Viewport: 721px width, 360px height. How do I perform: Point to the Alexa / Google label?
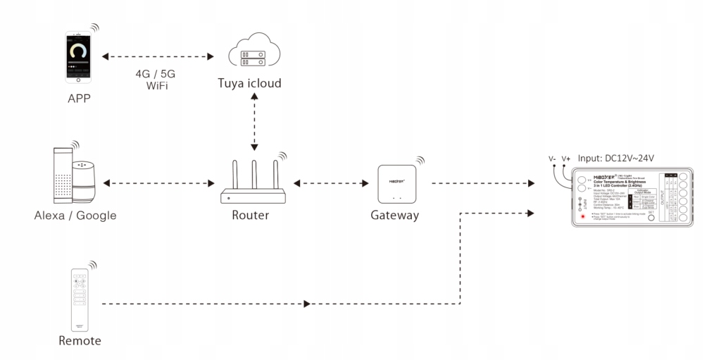[74, 216]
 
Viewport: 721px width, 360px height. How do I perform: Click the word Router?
[250, 216]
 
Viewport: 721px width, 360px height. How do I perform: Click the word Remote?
[80, 342]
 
